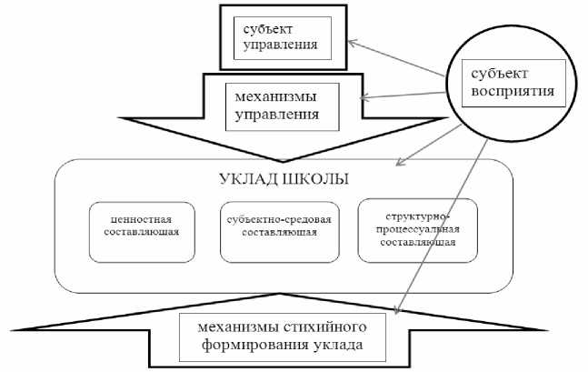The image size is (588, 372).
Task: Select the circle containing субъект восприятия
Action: (510, 83)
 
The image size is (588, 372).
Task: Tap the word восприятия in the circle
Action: (510, 91)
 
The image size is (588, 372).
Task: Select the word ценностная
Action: (143, 220)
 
